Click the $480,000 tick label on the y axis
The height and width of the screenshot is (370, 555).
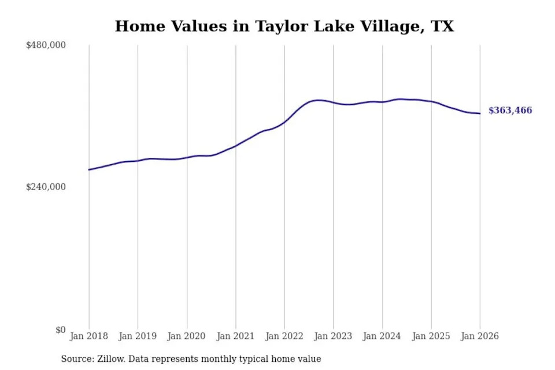46,45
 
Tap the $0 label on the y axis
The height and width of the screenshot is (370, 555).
60,330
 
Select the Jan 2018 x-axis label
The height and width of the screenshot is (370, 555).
89,336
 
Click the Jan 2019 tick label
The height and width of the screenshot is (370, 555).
138,336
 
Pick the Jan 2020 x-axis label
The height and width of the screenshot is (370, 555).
187,336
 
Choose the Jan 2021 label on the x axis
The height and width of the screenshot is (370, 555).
235,336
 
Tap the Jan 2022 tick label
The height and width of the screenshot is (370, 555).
284,336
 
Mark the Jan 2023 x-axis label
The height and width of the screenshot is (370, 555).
333,336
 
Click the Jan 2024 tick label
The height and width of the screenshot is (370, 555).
382,336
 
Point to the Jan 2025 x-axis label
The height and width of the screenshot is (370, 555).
431,336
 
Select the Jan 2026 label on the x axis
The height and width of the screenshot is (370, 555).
480,336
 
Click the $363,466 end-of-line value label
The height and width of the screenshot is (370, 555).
510,111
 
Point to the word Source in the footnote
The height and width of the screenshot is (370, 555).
75,359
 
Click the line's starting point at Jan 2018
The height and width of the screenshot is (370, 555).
89,170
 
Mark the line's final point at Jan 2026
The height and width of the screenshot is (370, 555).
480,113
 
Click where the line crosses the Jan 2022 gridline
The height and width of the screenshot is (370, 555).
284,122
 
